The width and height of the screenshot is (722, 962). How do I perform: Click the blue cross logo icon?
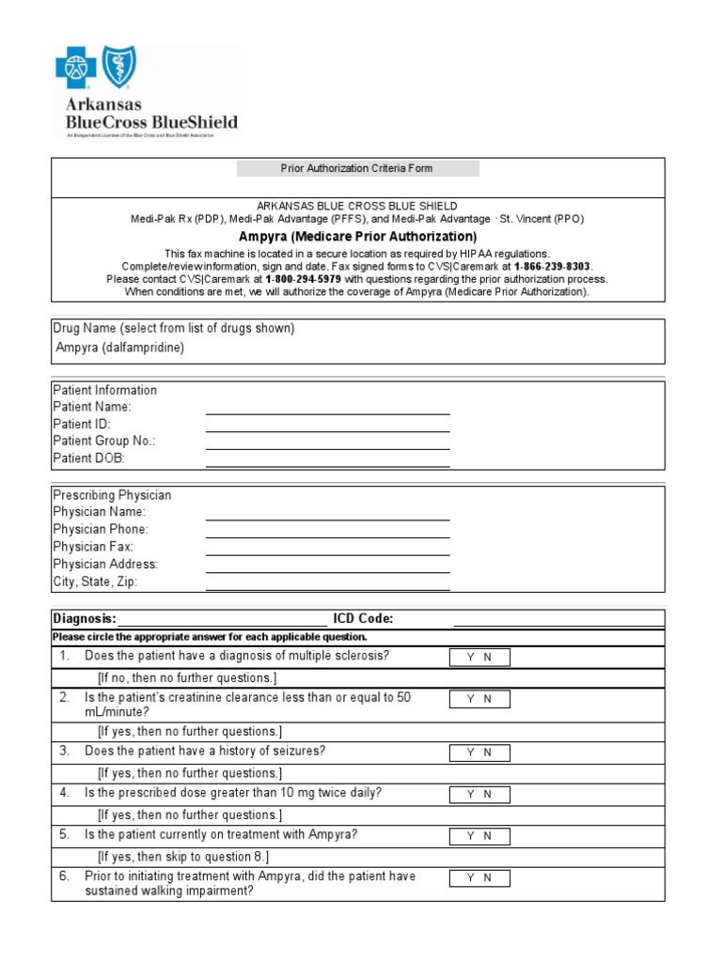(x=76, y=69)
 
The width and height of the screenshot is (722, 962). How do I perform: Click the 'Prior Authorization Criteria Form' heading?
(x=357, y=169)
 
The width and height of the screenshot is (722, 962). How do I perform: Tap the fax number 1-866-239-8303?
(x=553, y=267)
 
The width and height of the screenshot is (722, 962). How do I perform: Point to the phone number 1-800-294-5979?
(x=303, y=279)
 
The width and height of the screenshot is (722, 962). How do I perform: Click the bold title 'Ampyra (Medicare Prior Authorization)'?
(x=357, y=237)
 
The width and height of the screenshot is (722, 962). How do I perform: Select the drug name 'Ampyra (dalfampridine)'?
(x=120, y=348)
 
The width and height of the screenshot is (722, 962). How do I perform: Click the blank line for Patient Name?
(x=327, y=408)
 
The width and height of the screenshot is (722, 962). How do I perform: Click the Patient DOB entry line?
(x=327, y=459)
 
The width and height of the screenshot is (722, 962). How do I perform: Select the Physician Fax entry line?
(x=327, y=548)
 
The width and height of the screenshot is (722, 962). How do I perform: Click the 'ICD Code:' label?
(x=363, y=618)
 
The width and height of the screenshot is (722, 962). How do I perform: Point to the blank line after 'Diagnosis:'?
(x=223, y=619)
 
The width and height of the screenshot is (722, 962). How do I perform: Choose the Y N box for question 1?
(x=479, y=658)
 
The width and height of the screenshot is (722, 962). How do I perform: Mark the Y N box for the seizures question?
(x=479, y=753)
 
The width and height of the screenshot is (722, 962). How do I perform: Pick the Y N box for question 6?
(x=479, y=878)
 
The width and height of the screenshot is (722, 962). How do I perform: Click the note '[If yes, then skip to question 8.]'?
(x=183, y=857)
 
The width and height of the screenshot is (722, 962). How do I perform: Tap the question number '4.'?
(x=65, y=793)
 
